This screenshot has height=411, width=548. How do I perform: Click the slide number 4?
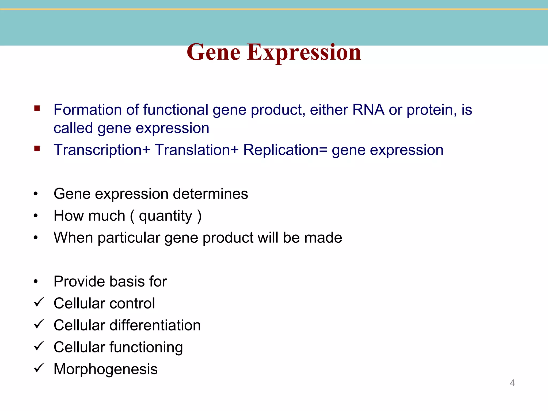(512, 383)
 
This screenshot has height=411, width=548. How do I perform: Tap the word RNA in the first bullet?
(368, 110)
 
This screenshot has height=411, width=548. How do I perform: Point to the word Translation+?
(196, 150)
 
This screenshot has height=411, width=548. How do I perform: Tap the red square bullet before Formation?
(37, 108)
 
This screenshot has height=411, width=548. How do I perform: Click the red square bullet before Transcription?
(37, 149)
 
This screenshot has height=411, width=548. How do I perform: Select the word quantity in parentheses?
(166, 216)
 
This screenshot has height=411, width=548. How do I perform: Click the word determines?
(210, 194)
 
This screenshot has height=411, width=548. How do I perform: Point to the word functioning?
(146, 348)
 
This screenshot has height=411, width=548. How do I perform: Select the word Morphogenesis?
(105, 370)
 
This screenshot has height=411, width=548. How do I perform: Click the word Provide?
(78, 281)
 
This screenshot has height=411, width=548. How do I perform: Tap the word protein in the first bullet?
(431, 110)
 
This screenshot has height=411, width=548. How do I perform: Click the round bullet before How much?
(36, 216)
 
